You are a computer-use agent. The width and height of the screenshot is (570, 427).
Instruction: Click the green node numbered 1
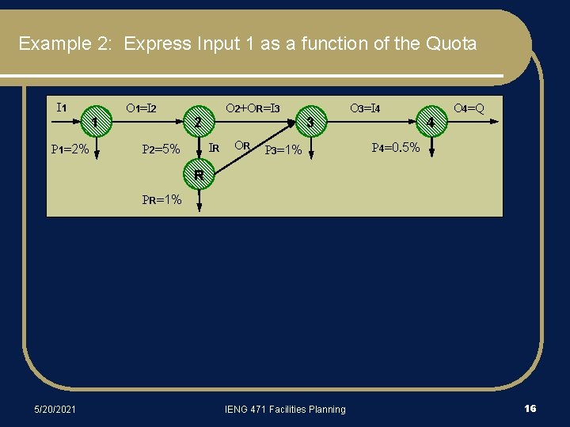tap(95, 122)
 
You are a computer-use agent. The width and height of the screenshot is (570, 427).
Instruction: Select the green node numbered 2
tap(198, 121)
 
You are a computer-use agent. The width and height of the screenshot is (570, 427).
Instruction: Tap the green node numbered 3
tap(311, 122)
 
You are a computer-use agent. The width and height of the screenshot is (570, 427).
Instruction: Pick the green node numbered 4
tap(431, 122)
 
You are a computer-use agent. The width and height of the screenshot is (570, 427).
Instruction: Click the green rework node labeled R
tap(199, 175)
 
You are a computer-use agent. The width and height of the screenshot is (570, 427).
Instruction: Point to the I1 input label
tap(61, 108)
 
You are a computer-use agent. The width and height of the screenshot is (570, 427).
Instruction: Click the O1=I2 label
tap(142, 108)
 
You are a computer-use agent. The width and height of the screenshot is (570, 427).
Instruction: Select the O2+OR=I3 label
tap(253, 108)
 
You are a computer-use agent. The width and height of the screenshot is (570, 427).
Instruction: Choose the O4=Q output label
tap(469, 108)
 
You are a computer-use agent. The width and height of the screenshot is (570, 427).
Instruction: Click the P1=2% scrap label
tap(70, 149)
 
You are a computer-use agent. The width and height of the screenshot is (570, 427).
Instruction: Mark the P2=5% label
tap(161, 149)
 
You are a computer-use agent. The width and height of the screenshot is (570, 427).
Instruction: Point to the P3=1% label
tap(283, 149)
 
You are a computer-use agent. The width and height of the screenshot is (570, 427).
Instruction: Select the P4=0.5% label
tap(396, 147)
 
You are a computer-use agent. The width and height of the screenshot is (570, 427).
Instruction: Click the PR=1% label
tap(161, 200)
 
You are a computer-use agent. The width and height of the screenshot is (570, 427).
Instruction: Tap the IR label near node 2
tap(214, 147)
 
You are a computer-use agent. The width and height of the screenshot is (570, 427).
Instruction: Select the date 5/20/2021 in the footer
tap(55, 409)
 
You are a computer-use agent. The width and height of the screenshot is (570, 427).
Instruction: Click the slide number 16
tap(530, 408)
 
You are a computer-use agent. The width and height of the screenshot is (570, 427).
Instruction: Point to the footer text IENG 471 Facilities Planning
tap(286, 409)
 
